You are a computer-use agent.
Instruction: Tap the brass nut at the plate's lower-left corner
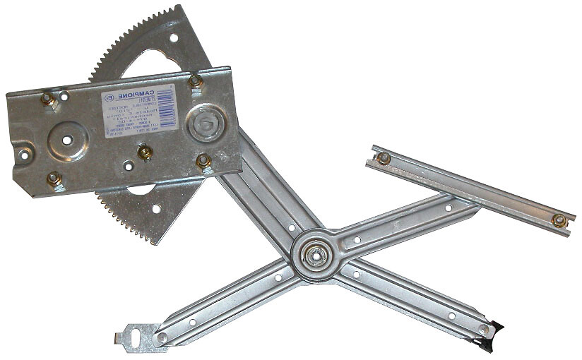tap(53, 179)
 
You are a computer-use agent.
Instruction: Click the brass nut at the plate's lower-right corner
tap(203, 161)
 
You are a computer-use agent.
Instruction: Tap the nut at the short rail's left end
tap(384, 158)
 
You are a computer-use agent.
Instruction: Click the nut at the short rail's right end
tap(559, 220)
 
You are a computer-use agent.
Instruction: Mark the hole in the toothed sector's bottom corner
tap(156, 208)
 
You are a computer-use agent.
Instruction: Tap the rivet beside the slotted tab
tap(162, 338)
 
